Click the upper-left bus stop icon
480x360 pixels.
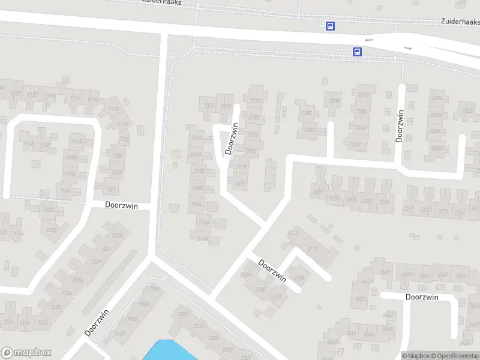coord(330,26)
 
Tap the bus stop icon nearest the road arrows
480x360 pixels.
coord(357,52)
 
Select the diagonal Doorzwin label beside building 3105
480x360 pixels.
coord(97,322)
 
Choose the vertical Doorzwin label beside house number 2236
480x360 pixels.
coord(400,125)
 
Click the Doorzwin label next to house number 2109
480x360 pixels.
coord(272,269)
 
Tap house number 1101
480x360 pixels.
coord(111,190)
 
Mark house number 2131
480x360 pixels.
coord(209,106)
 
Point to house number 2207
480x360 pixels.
coord(368,200)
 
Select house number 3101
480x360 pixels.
coord(155,290)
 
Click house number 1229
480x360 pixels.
coord(95,262)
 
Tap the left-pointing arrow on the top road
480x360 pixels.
coord(368,40)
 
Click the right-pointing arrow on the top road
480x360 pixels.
coord(408,48)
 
